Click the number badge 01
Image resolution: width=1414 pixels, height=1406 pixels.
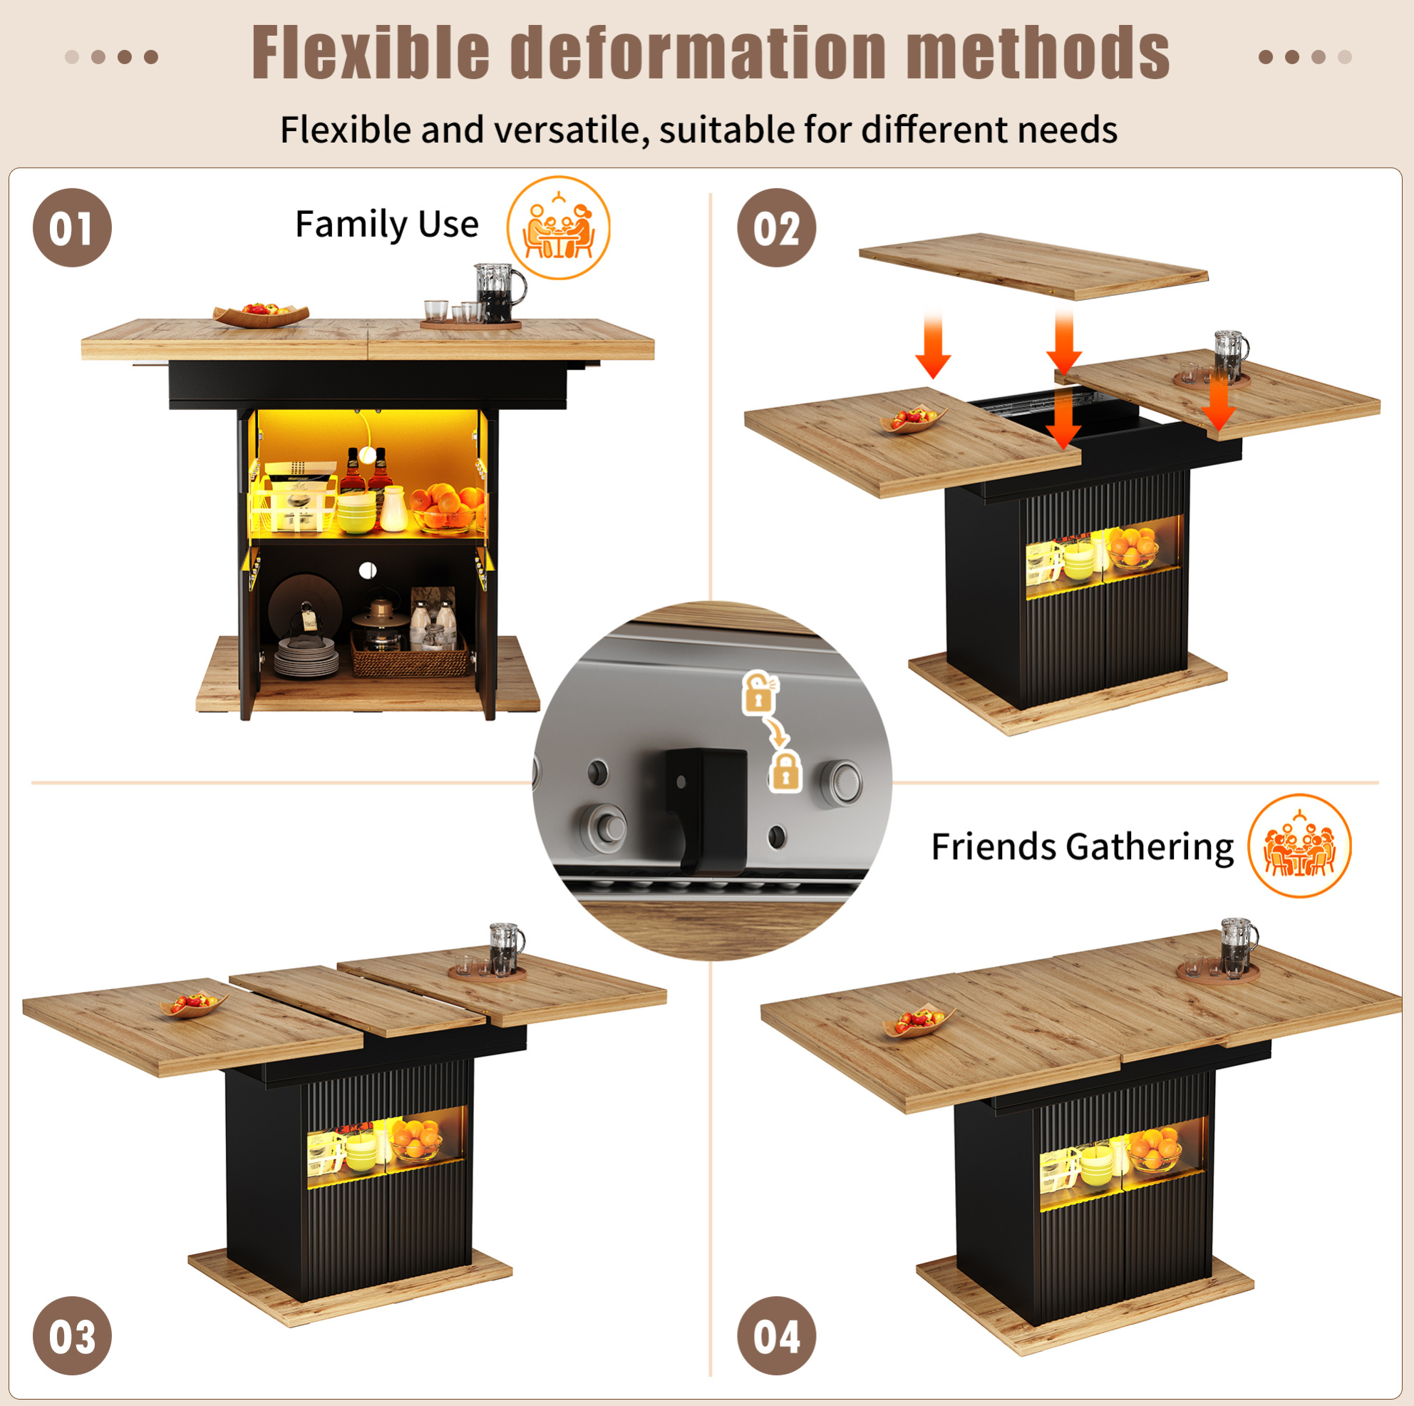73,227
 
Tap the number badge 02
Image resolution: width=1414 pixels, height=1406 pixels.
777,227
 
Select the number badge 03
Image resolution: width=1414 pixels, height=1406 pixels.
73,1336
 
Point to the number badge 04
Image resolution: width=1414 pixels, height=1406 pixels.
777,1336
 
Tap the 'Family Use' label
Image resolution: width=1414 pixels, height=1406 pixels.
386,224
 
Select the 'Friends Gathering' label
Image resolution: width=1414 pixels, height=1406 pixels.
1082,847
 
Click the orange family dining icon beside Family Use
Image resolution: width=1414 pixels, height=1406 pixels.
559,227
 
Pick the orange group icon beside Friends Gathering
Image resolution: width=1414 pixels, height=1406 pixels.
1299,846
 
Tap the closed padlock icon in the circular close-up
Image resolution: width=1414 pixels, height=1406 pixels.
785,771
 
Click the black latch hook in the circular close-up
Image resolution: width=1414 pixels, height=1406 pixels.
705,810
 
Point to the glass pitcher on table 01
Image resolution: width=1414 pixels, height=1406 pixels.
497,293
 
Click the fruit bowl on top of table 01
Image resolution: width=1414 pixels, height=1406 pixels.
262,314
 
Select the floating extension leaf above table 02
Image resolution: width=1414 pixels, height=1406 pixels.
1033,266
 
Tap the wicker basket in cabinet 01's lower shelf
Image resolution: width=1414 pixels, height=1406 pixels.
410,654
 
